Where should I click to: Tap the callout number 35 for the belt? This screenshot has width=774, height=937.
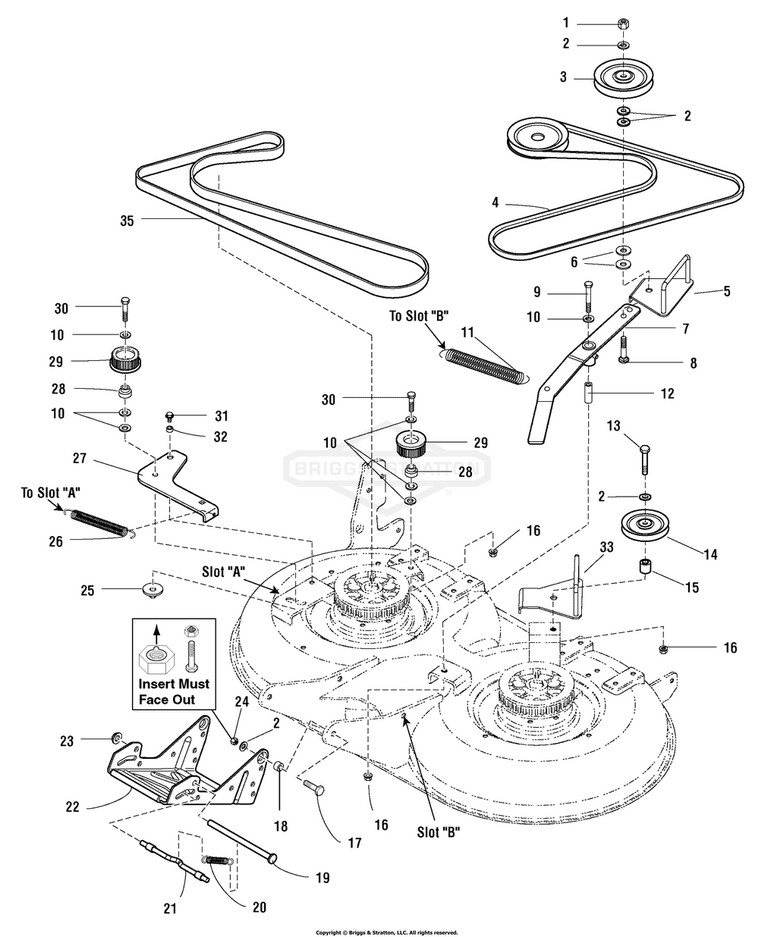click(127, 221)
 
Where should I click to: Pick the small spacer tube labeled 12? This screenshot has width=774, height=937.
click(590, 393)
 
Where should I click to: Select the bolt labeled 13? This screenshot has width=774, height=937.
click(645, 459)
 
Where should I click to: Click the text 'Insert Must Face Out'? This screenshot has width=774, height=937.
click(174, 691)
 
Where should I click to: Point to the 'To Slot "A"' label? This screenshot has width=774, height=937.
click(51, 493)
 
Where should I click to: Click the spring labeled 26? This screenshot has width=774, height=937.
click(101, 522)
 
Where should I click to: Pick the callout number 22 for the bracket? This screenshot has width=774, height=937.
click(73, 807)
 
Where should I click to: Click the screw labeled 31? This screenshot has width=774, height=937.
click(170, 415)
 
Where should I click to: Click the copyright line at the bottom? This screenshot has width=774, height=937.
click(387, 931)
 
